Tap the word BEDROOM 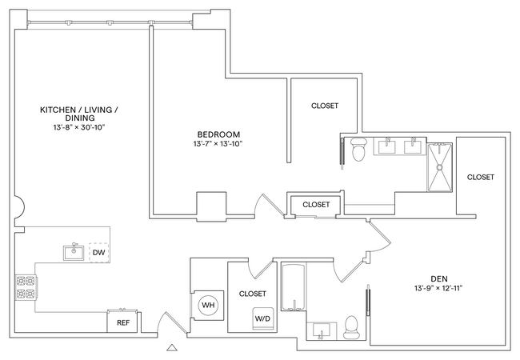coord(217,134)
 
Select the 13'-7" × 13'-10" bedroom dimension coord(217,144)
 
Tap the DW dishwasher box coord(98,253)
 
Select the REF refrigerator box coord(122,322)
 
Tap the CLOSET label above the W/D coord(252,294)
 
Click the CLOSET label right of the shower coord(480,177)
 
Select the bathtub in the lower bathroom coord(294,288)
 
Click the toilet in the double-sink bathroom coord(358,150)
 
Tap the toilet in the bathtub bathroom coord(350,326)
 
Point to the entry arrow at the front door coord(169,348)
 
